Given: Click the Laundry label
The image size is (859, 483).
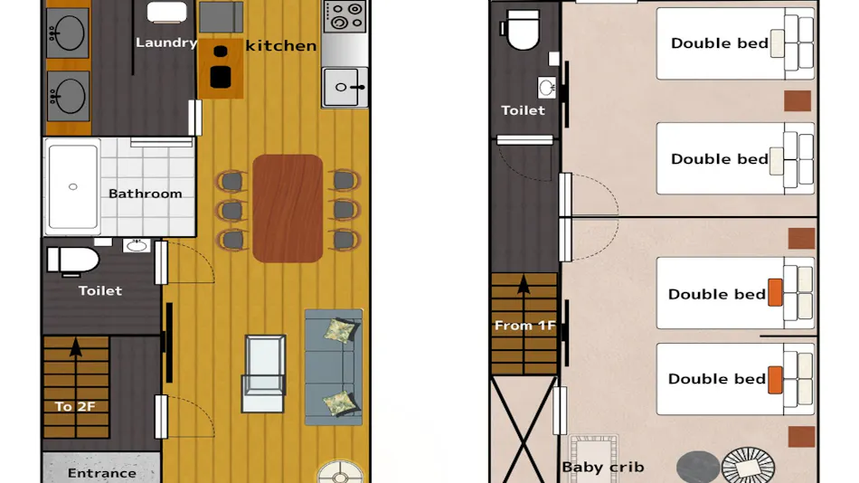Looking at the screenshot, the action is click(166, 43).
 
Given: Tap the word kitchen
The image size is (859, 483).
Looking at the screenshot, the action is click(281, 45).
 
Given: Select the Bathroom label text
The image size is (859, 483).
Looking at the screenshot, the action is click(146, 194).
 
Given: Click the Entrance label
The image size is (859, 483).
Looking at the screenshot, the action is click(102, 472).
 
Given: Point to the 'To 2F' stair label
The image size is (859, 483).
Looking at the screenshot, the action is click(75, 406).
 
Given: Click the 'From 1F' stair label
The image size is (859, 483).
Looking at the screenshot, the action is click(524, 326).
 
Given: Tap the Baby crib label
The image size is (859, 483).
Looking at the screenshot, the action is click(602, 467).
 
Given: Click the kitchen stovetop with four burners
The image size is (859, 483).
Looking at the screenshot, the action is click(345, 17).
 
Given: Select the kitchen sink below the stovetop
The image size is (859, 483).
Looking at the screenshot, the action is click(345, 87).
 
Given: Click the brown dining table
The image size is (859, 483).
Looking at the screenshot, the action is click(288, 208).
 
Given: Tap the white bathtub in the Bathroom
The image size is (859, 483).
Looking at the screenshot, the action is click(73, 186).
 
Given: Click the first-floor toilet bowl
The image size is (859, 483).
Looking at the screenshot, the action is click(72, 260).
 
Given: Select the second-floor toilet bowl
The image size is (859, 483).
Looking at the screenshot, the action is click(523, 30).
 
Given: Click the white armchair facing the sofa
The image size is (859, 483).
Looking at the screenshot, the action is click(263, 374).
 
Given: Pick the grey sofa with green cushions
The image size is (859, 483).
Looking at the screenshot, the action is click(334, 367).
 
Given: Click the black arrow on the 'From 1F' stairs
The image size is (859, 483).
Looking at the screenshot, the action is click(524, 286).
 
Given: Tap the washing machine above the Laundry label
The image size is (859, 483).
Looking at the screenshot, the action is click(167, 12).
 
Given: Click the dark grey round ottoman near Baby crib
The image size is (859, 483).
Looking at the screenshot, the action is click(698, 467).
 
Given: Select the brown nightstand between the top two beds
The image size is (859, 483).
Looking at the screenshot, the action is click(798, 101).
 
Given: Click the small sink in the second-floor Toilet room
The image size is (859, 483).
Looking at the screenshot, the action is click(547, 87).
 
